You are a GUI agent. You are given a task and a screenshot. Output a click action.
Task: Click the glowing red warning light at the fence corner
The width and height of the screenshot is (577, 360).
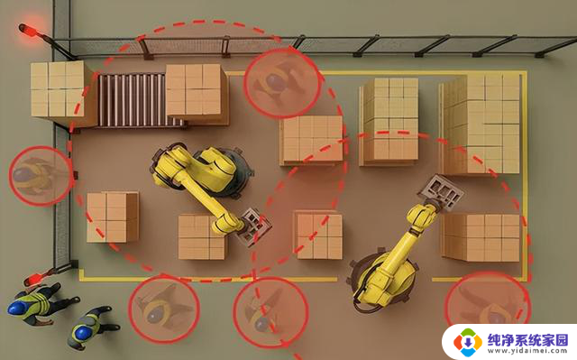(28, 30)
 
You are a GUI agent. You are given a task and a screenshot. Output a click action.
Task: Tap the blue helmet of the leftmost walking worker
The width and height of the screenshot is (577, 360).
(17, 308)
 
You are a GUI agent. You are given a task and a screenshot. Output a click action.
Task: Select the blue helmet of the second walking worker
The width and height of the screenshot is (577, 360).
(81, 332)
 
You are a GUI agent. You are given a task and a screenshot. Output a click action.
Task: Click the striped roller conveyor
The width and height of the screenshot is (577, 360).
(133, 100)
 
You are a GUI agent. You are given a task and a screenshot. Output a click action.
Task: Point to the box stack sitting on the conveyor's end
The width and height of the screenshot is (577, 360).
(197, 93)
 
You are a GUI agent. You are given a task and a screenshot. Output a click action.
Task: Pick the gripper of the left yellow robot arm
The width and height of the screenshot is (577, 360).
(254, 226)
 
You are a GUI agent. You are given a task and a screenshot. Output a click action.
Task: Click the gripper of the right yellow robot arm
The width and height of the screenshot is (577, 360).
(441, 192)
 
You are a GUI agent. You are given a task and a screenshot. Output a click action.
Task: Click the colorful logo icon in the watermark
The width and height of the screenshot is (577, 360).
(468, 342)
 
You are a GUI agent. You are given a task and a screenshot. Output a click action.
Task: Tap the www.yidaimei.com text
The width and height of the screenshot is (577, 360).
(527, 351)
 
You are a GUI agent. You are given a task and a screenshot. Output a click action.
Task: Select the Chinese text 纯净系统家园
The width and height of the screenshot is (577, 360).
(527, 339)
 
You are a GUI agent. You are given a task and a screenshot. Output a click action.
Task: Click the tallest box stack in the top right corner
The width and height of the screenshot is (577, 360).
(481, 124)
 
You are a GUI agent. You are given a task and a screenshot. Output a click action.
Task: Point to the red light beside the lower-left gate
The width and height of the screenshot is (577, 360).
(37, 279)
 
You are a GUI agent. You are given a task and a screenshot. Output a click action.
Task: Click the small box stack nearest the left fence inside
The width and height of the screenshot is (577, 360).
(113, 217)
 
